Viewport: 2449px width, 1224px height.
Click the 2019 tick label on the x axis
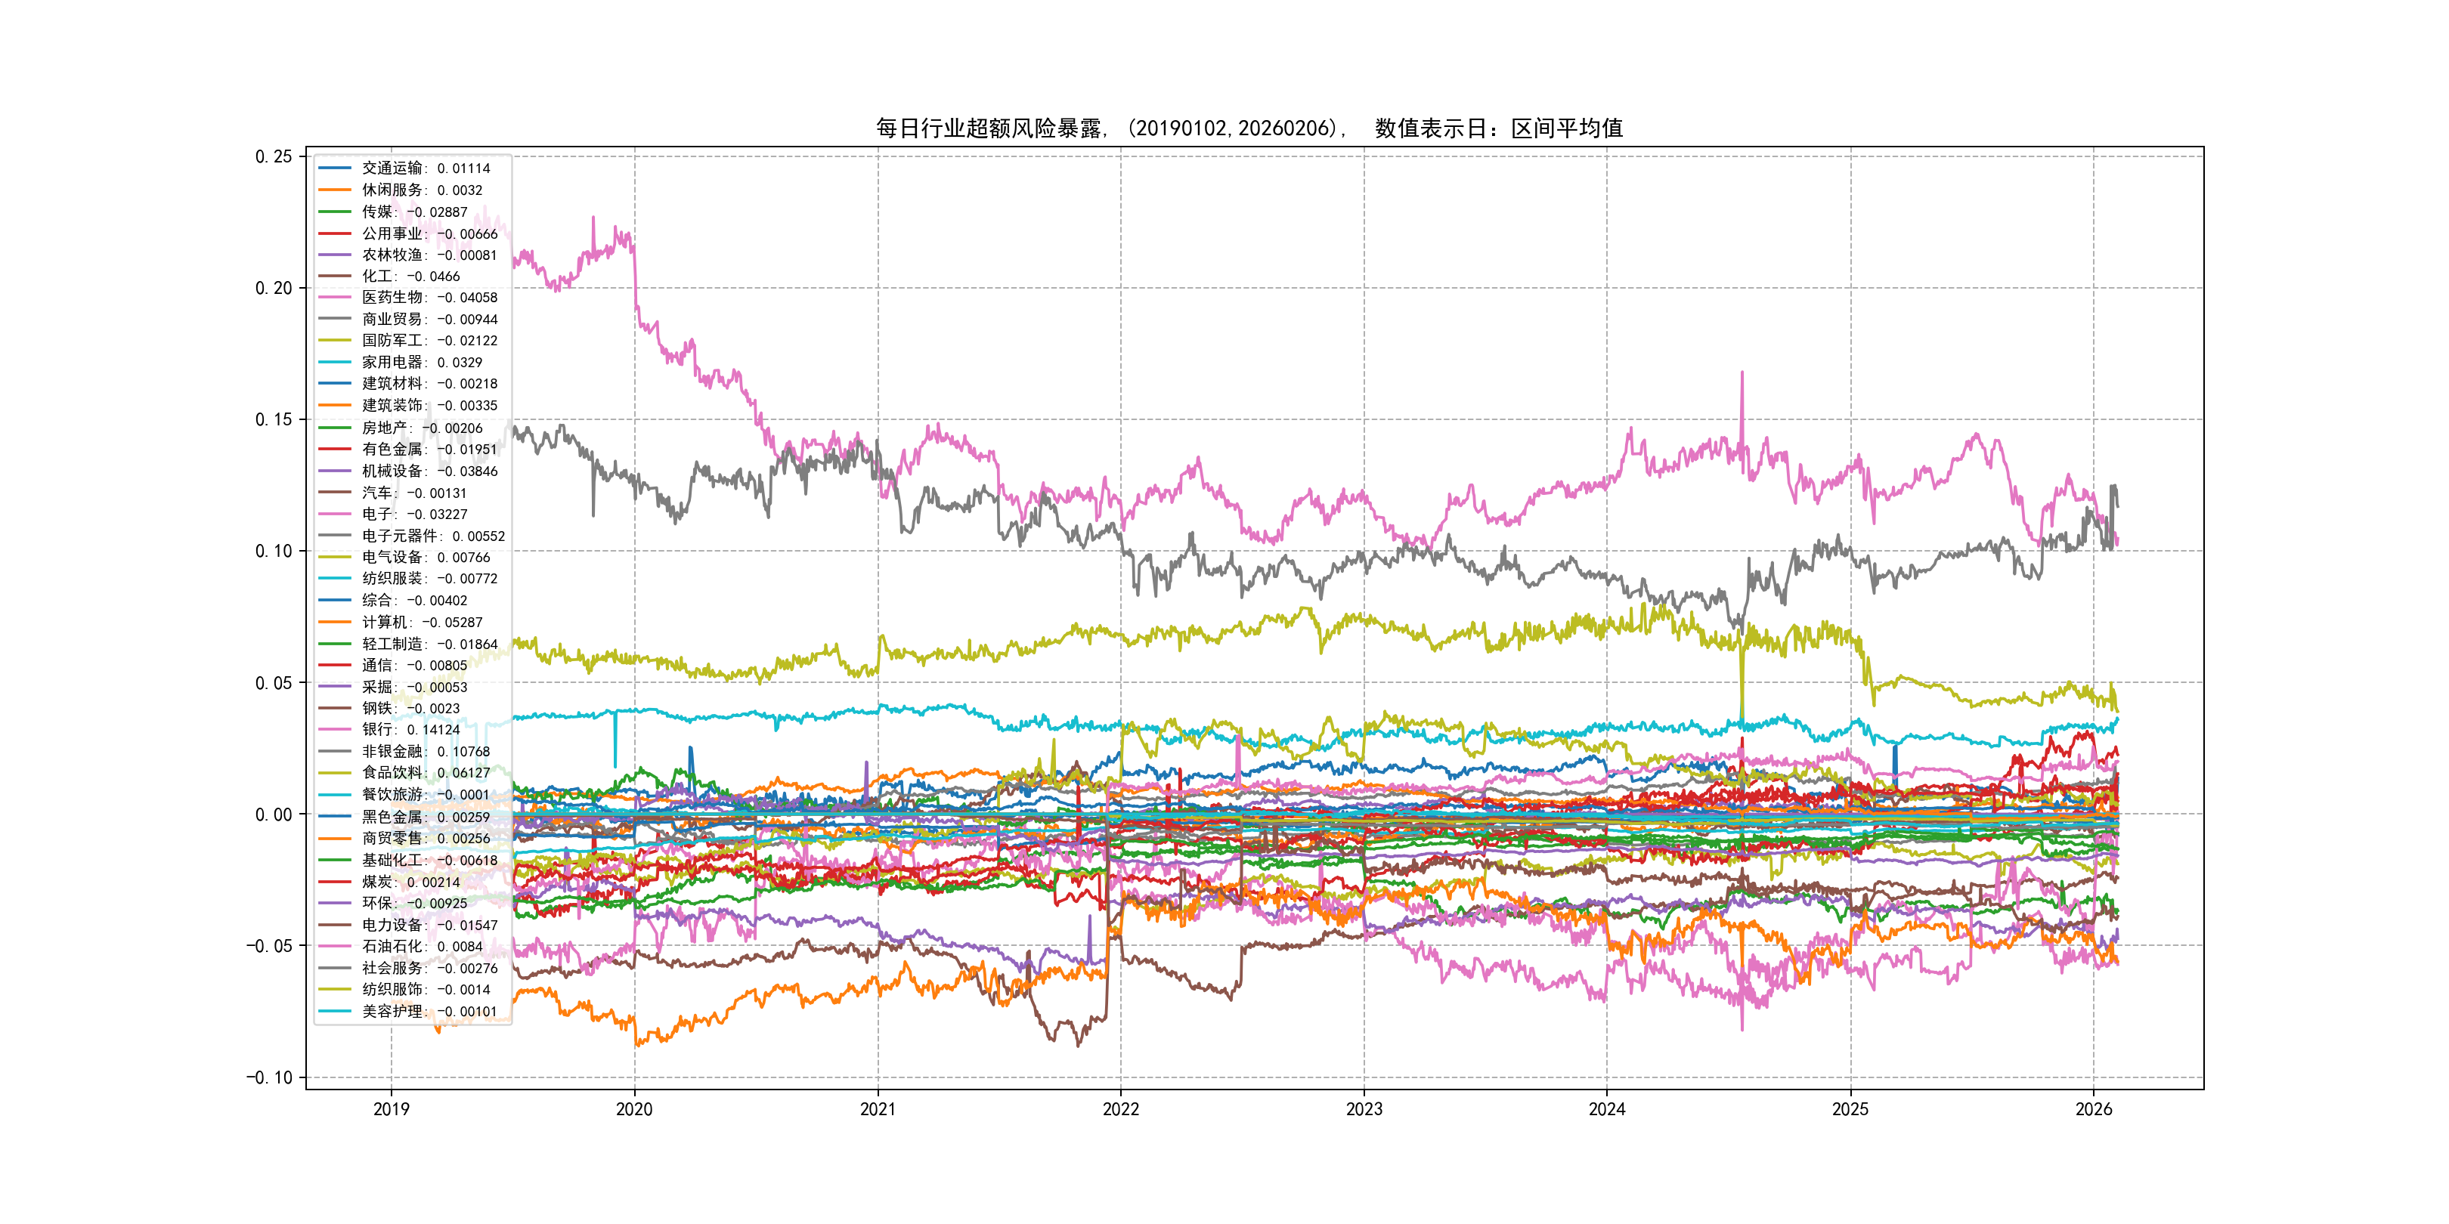[x=391, y=1109]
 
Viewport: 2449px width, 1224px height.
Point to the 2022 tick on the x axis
[x=1120, y=1109]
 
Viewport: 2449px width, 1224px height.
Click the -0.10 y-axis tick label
[x=270, y=1077]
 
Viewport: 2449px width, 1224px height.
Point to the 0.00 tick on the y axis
[x=274, y=814]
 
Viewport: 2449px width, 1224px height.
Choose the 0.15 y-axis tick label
[x=274, y=419]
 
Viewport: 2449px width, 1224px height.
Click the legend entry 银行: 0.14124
[x=410, y=730]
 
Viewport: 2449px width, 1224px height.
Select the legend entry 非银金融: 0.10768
[x=425, y=752]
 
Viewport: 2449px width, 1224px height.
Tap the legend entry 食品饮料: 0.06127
[x=425, y=773]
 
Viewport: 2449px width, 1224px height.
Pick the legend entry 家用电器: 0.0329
[x=421, y=362]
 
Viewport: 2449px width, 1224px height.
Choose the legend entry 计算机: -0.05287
[x=421, y=623]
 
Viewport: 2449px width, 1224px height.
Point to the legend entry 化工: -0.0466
[x=410, y=277]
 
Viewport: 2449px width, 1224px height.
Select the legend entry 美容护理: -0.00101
[x=429, y=1011]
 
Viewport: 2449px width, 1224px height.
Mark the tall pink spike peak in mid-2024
[x=1742, y=372]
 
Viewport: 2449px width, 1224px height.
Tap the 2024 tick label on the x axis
[x=1607, y=1109]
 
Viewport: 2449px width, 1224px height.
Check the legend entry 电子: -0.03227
[x=413, y=514]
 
